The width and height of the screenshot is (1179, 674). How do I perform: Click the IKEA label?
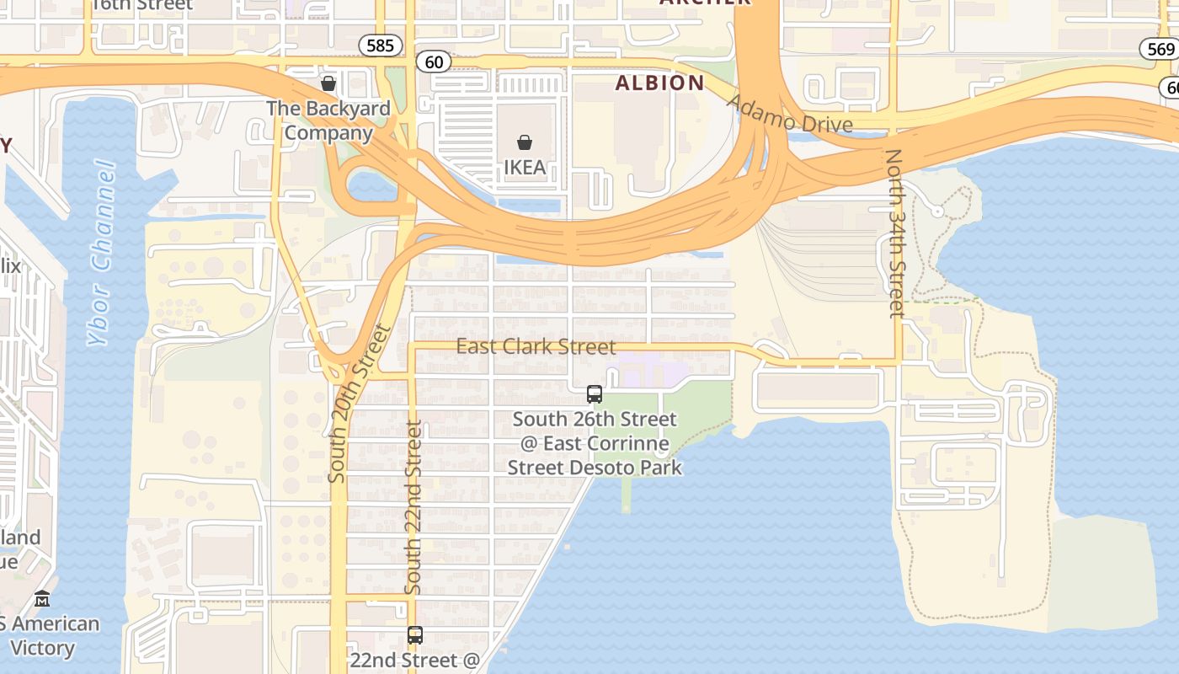coord(525,167)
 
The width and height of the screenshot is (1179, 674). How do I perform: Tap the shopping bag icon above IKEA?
coord(525,142)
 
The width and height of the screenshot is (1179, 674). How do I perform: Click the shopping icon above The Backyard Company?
coord(328,84)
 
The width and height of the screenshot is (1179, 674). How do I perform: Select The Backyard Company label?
coord(328,120)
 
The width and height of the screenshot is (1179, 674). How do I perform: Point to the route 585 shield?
coord(380,45)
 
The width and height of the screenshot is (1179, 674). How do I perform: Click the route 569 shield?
coord(1160,49)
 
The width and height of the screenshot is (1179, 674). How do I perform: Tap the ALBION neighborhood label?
coord(659,83)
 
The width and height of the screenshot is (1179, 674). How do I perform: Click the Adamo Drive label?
coord(789,114)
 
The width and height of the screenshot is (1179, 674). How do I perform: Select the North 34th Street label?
coord(894,233)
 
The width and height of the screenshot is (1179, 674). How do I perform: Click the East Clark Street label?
coord(536,346)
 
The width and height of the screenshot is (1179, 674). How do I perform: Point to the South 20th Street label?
coord(360,403)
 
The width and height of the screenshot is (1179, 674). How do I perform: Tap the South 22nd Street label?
coord(413,507)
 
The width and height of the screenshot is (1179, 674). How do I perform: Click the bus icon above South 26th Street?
coord(595,394)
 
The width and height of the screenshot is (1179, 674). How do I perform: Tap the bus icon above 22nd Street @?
coord(415,635)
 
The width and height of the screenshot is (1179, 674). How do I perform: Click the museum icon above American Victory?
coord(42,599)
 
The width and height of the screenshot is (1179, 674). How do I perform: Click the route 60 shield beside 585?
coord(434,62)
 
